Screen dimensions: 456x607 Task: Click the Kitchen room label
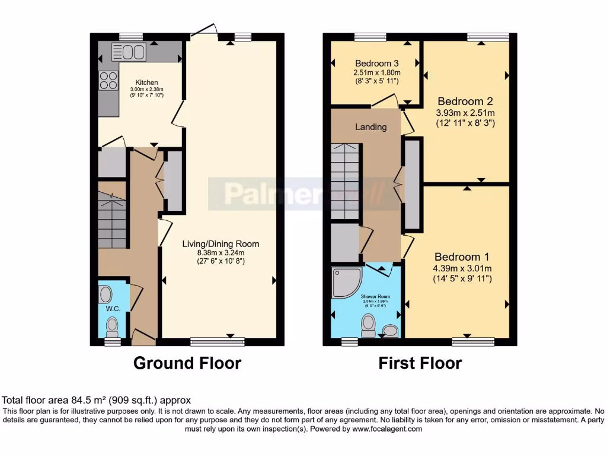point(146,82)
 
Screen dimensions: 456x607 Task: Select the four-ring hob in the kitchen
point(108,80)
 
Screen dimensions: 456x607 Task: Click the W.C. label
point(113,309)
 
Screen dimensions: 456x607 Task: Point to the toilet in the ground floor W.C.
point(111,326)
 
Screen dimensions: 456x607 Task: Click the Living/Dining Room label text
point(221,243)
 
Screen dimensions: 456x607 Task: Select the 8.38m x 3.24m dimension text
point(221,252)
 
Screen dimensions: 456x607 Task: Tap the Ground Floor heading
point(187,363)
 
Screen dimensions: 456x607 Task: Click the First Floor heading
point(420,363)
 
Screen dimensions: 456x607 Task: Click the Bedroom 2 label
point(465,102)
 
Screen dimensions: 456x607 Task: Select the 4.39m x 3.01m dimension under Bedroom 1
point(462,268)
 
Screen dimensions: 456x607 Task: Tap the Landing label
point(371,126)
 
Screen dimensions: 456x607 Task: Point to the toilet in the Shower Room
point(368,324)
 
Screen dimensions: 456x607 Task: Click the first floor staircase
point(345,181)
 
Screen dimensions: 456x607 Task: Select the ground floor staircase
point(112,223)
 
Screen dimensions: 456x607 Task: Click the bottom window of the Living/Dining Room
point(217,341)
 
